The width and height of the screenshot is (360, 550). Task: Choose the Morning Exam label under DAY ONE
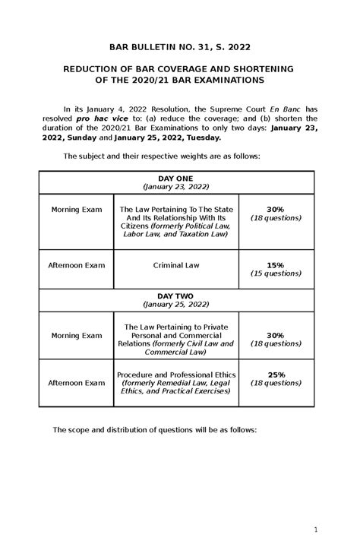pyautogui.click(x=76, y=209)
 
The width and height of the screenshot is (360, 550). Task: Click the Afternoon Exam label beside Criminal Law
pyautogui.click(x=76, y=265)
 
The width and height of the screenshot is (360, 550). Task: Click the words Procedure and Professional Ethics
pyautogui.click(x=175, y=374)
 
